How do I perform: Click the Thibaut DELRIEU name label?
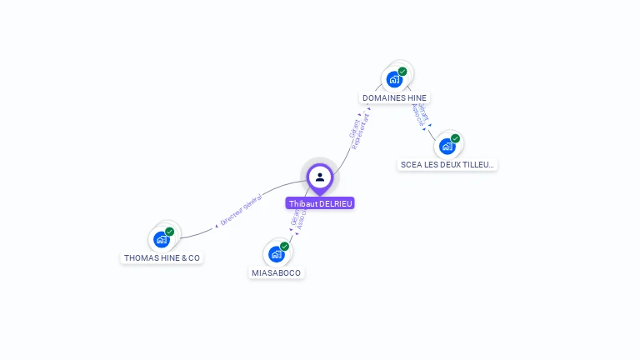pyautogui.click(x=320, y=203)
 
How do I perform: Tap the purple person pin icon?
pyautogui.click(x=320, y=177)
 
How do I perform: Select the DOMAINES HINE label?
pyautogui.click(x=395, y=98)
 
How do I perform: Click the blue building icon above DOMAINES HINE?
pyautogui.click(x=394, y=80)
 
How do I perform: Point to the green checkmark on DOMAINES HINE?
pyautogui.click(x=402, y=72)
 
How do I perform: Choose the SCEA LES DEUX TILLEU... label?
pyautogui.click(x=447, y=165)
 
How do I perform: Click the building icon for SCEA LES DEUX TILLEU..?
pyautogui.click(x=447, y=147)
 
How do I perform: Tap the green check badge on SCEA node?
pyautogui.click(x=455, y=138)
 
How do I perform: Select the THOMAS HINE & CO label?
pyautogui.click(x=162, y=258)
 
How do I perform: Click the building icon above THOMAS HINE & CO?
pyautogui.click(x=162, y=240)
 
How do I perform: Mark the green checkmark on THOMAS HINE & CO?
pyautogui.click(x=170, y=232)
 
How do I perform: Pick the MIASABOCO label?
pyautogui.click(x=277, y=273)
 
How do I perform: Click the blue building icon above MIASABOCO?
pyautogui.click(x=276, y=254)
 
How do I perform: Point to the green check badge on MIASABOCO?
pyautogui.click(x=284, y=247)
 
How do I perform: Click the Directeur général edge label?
pyautogui.click(x=241, y=210)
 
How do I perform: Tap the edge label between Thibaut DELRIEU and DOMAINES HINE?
pyautogui.click(x=357, y=129)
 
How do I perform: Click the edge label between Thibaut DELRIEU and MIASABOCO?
pyautogui.click(x=297, y=220)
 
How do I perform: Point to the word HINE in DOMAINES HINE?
pyautogui.click(x=417, y=98)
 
